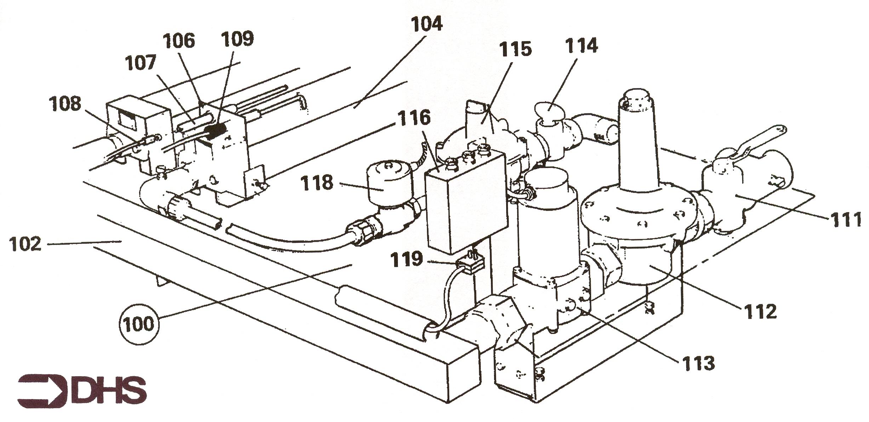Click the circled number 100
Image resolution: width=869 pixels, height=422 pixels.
[x=139, y=324]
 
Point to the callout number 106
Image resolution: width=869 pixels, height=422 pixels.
[x=179, y=41]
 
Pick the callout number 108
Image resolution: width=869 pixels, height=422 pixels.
[x=65, y=104]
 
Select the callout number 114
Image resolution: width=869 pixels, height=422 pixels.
[x=581, y=46]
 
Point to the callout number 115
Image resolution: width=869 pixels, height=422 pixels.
[x=515, y=49]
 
